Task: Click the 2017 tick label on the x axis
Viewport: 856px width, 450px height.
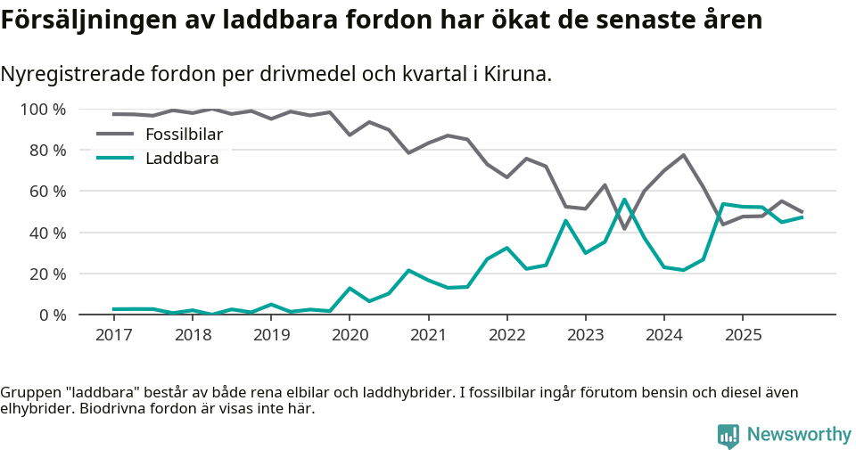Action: (x=113, y=334)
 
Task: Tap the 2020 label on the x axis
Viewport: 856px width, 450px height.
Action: (x=350, y=334)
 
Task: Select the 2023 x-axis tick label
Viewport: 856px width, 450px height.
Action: (x=585, y=334)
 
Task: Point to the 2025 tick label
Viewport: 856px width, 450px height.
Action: (x=743, y=334)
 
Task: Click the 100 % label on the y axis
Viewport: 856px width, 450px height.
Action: (x=44, y=110)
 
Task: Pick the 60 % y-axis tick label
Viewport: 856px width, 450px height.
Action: (x=47, y=192)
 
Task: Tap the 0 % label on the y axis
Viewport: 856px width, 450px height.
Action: (x=52, y=315)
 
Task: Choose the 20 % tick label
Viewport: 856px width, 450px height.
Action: (x=47, y=274)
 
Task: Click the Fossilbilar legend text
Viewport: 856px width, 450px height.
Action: (x=184, y=135)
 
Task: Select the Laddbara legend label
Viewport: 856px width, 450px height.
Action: (x=182, y=159)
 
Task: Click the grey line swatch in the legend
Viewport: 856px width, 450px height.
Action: (x=114, y=135)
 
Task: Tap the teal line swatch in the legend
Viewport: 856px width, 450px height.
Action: (x=114, y=159)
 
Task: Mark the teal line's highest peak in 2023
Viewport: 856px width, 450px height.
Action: (x=624, y=200)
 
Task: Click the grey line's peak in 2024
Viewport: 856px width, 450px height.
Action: (x=683, y=155)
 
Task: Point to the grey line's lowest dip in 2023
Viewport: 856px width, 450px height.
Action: (x=624, y=229)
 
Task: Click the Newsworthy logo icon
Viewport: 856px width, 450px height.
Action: (x=728, y=436)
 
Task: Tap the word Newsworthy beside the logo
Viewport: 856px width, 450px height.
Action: (x=799, y=435)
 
